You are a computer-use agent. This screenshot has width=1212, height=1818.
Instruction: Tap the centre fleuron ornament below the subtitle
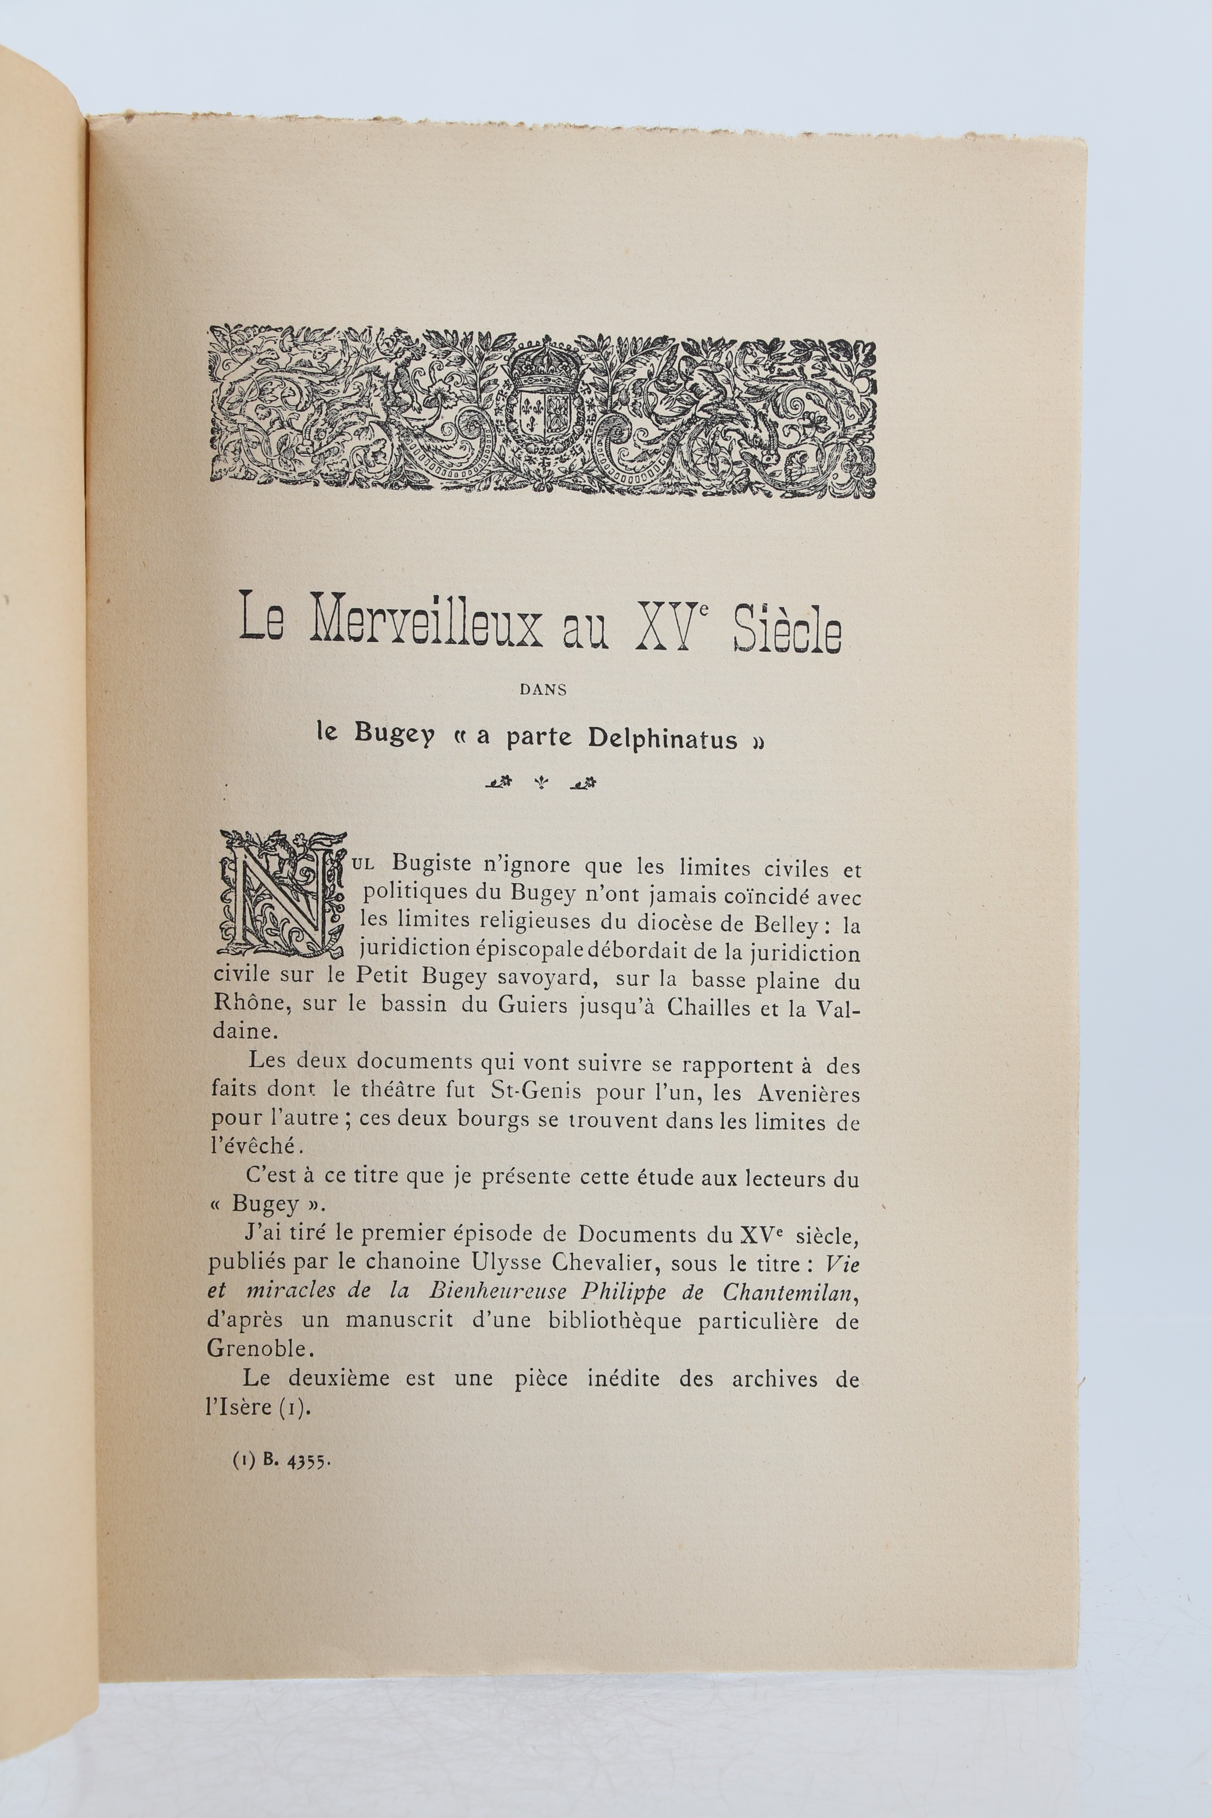541,783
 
